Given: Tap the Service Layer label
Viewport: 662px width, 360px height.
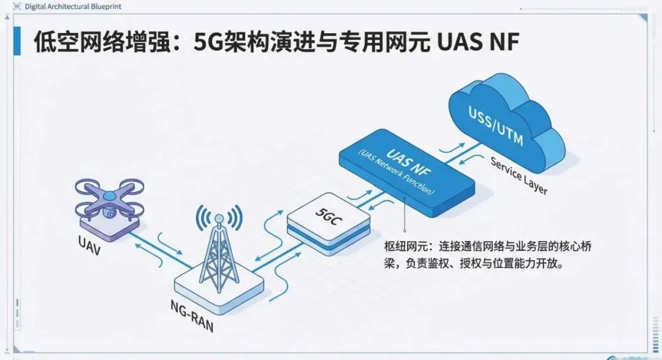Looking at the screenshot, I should [518, 175].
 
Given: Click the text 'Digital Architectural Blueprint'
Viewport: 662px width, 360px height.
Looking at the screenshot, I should [64, 7].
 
